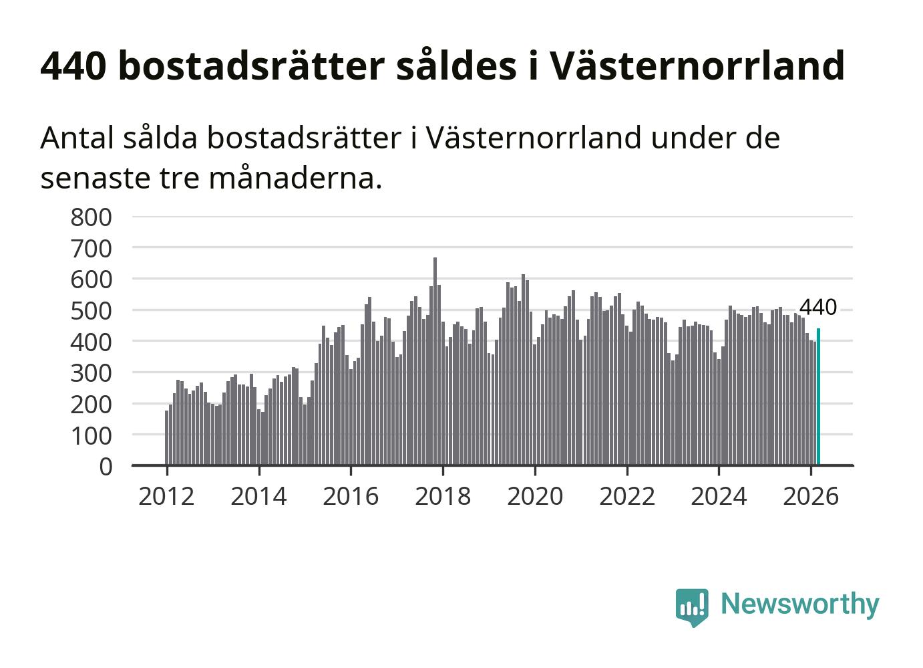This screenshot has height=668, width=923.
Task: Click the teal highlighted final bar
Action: pos(818,396)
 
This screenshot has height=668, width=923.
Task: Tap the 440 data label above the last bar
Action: pos(817,308)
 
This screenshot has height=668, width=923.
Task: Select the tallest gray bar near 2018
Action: pos(435,361)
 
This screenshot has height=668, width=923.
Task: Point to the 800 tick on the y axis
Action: pos(91,217)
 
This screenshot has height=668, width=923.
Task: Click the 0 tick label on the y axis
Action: pos(106,466)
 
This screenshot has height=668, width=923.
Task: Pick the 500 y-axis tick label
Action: pos(91,310)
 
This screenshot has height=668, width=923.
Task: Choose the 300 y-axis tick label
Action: pos(91,372)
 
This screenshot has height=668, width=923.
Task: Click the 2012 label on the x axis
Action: pos(166,496)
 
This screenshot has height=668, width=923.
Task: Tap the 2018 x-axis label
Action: pos(443,496)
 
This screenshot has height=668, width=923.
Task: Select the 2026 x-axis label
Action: pos(810,496)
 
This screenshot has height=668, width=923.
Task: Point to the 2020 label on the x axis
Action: pos(535,496)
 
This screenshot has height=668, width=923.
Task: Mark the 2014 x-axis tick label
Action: pos(258,496)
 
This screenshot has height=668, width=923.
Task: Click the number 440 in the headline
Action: pos(73,66)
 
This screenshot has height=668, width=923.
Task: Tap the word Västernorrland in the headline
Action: pos(697,66)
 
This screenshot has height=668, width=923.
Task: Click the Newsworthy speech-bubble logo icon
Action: pos(692,606)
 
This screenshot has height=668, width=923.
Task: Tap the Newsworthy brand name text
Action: pos(799,604)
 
